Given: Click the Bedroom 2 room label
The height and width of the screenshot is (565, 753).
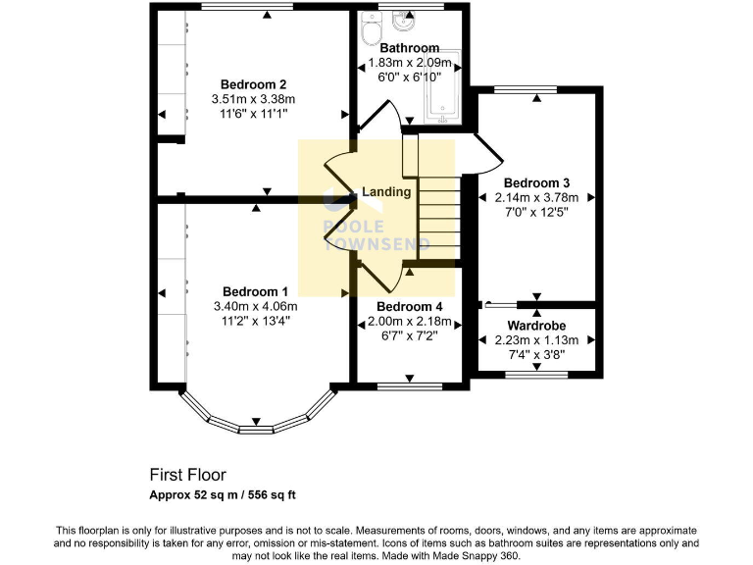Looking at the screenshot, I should point(253,83).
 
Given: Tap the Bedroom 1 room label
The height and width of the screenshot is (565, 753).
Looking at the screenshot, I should point(255,291).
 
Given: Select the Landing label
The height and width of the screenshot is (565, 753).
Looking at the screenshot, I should point(386,191).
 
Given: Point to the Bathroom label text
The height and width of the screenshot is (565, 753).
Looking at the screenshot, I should point(410,48).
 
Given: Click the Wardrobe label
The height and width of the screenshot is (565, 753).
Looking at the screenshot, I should point(536,325).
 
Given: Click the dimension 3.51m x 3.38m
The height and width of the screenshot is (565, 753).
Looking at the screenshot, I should point(253,98).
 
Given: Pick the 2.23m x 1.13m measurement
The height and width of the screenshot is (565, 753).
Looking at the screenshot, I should point(536,340).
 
